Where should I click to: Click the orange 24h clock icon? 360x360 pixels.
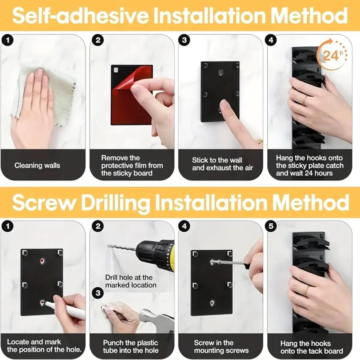(x=332, y=54)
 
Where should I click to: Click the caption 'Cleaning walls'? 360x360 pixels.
(x=37, y=165)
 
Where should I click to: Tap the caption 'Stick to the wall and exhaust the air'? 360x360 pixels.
(x=222, y=164)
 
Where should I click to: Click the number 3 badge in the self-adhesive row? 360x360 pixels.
(x=184, y=40)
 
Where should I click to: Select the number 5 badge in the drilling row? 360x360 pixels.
(x=271, y=226)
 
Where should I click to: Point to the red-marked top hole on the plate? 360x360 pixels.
(x=42, y=261)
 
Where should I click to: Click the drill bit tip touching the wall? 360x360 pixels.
(x=108, y=246)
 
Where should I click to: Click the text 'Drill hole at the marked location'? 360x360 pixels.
(x=131, y=281)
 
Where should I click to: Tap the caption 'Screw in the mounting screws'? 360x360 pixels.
(x=221, y=346)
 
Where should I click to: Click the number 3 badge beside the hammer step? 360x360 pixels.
(x=98, y=293)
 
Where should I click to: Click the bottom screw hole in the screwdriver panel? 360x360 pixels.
(x=212, y=303)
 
